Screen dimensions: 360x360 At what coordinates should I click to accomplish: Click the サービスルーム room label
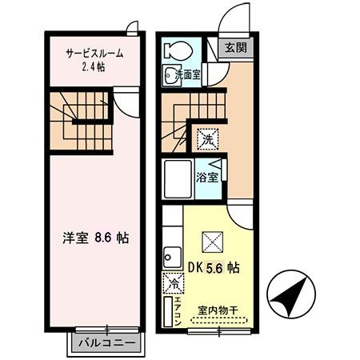pos(94,53)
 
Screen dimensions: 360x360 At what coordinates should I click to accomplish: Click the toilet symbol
pos(174,50)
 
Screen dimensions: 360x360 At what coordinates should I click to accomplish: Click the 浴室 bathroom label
pos(208,177)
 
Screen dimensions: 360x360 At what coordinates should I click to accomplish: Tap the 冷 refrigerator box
pos(173,283)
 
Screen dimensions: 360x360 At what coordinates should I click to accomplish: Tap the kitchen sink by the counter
pos(170,258)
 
